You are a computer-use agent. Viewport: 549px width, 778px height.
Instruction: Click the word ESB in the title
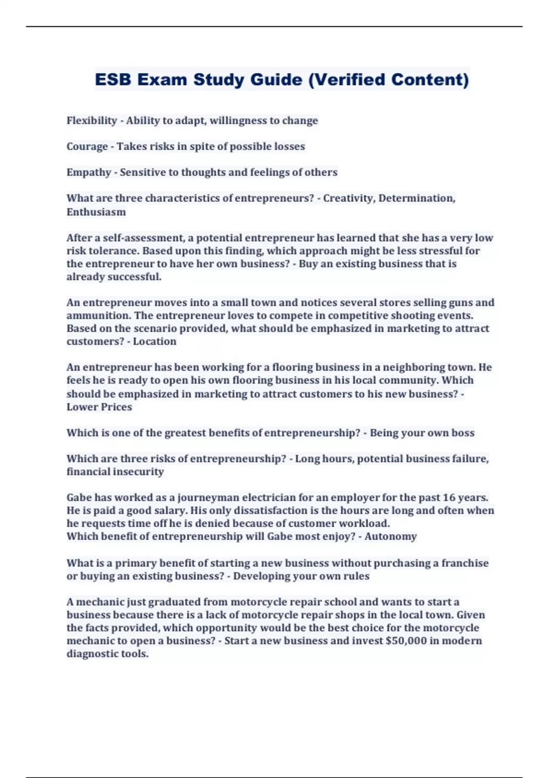tap(113, 80)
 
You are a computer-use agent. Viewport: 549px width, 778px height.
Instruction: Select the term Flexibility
tap(91, 120)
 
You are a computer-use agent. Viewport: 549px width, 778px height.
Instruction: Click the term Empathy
tap(89, 173)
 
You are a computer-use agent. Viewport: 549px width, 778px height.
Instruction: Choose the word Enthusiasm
tap(96, 212)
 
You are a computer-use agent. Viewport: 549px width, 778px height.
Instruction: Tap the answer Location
tap(154, 341)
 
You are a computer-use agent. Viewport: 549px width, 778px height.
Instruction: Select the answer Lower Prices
tap(99, 407)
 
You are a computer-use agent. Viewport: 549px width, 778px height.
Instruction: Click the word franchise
tap(465, 563)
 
